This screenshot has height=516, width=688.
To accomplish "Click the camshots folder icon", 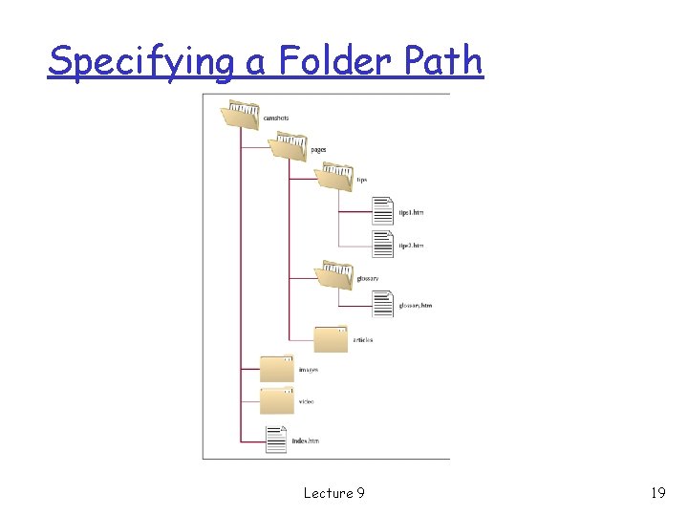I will click(x=239, y=116).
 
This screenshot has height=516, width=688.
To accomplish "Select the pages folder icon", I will click(x=287, y=147).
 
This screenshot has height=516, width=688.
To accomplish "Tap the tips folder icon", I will click(x=334, y=177).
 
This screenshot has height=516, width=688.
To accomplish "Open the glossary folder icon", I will click(x=334, y=275).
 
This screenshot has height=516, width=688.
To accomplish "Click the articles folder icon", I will click(x=331, y=338).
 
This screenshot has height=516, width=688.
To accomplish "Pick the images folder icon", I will click(x=277, y=368).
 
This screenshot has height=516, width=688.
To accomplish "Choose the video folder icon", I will click(x=277, y=399).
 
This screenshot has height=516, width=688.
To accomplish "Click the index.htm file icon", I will click(x=276, y=439).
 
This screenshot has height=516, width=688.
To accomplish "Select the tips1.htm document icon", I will click(x=382, y=210).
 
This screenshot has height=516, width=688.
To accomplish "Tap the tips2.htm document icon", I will click(x=382, y=245).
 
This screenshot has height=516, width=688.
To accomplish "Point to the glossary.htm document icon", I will click(x=382, y=304).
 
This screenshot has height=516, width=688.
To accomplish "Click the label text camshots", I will click(x=276, y=118).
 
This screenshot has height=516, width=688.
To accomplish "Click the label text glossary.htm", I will click(x=416, y=306).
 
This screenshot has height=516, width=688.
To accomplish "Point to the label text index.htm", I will click(x=305, y=441).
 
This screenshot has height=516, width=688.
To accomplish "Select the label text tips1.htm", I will click(x=411, y=212).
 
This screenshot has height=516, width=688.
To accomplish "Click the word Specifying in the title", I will click(x=140, y=61).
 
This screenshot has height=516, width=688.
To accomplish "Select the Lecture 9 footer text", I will click(x=333, y=493).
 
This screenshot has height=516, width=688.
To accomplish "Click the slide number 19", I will click(x=657, y=493).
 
